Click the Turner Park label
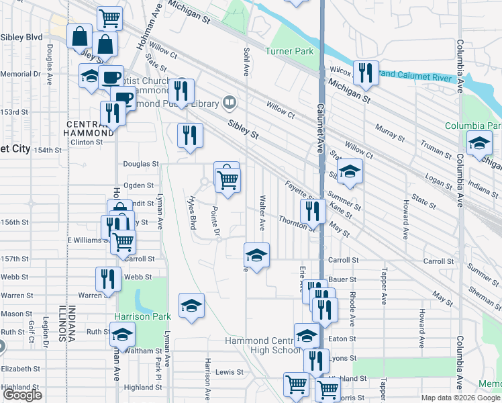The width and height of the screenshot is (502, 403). [289, 52]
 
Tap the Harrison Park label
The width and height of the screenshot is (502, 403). [139, 316]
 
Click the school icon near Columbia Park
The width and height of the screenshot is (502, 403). [479, 144]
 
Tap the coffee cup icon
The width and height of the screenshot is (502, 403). [111, 77]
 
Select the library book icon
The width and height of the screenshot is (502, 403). [230, 103]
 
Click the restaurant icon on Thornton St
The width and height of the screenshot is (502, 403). [312, 210]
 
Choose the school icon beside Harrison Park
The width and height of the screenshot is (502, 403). [191, 306]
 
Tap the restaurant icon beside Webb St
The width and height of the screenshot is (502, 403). [107, 278]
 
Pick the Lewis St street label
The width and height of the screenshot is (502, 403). [229, 371]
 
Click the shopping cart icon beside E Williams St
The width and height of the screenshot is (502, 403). [123, 241]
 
